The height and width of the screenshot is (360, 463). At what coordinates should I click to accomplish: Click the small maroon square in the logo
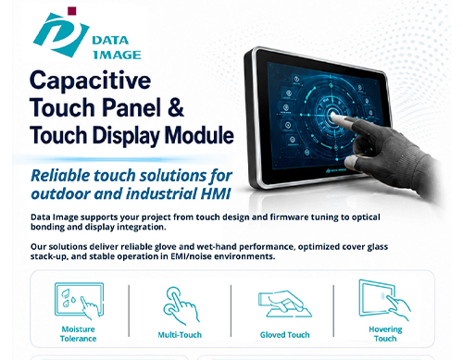[x=72, y=11]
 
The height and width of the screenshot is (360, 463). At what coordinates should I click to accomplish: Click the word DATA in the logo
[x=110, y=41]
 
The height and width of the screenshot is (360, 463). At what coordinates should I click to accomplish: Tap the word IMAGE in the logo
[x=117, y=55]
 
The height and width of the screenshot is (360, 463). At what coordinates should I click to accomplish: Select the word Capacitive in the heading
[x=90, y=81]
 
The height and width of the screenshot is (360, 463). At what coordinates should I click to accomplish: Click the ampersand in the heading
[x=176, y=107]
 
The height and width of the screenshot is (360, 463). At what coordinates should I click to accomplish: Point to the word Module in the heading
[x=199, y=135]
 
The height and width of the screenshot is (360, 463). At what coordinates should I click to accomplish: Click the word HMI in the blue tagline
[x=216, y=193]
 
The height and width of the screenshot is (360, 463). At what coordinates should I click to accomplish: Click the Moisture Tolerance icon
[x=80, y=301]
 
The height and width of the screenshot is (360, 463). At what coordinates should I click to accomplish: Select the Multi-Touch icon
[x=181, y=305]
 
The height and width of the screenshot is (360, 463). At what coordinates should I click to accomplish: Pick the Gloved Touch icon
[x=285, y=304]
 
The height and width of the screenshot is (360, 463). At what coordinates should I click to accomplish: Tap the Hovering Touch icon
[x=384, y=300]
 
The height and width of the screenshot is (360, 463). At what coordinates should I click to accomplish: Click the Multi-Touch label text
[x=180, y=335]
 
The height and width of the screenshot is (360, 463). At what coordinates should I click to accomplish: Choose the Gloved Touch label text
[x=284, y=335]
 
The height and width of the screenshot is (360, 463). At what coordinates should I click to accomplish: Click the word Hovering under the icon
[x=385, y=329]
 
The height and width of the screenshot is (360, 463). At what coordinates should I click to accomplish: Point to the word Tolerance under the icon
[x=78, y=339]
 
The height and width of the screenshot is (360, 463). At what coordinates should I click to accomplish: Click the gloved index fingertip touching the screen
[x=333, y=116]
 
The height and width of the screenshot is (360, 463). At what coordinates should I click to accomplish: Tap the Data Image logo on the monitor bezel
[x=336, y=170]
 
